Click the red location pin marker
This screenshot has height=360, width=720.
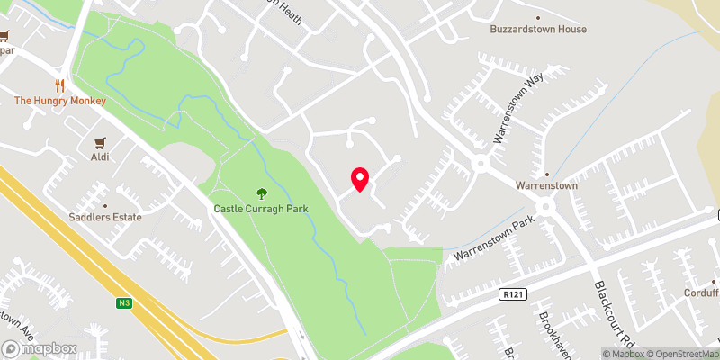360,179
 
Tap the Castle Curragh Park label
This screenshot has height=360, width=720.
261,209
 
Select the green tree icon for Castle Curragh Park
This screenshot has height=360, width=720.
262,193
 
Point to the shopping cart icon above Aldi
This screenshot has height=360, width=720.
101,142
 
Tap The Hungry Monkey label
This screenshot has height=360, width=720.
60,101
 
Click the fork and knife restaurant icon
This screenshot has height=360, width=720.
60,85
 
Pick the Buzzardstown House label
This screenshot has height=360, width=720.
538,30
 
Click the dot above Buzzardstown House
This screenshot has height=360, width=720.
538,17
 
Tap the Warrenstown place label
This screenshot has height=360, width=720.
546,186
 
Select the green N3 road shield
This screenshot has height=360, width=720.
124,303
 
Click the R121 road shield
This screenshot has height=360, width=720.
511,294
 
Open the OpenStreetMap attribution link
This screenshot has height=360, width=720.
673,353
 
